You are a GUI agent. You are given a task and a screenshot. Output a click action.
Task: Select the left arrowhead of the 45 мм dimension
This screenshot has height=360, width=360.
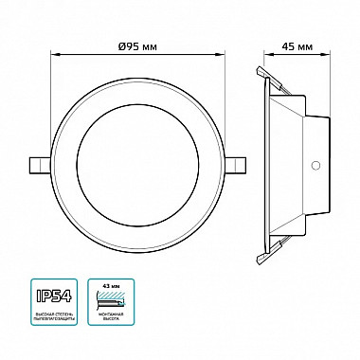tap(260, 53)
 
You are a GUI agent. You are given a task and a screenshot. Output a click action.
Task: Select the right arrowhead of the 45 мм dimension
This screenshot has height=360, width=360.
tap(328, 53)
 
